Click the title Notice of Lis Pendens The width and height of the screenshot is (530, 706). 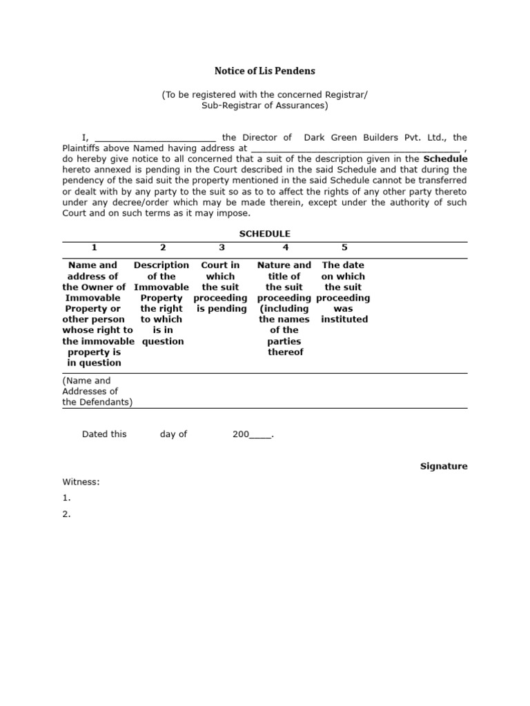click(x=264, y=70)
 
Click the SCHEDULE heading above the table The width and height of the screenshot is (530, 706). click(x=264, y=234)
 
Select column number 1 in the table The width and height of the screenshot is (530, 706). click(x=94, y=248)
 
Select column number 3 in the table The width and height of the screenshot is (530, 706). click(x=221, y=248)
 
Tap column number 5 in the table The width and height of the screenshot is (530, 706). click(x=344, y=248)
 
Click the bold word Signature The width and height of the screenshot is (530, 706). click(x=444, y=466)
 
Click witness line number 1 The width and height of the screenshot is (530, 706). click(x=67, y=498)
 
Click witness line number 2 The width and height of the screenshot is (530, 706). click(x=67, y=514)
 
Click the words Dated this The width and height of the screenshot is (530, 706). click(x=104, y=434)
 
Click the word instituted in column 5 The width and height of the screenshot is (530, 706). click(x=344, y=319)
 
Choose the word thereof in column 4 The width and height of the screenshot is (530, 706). click(x=285, y=352)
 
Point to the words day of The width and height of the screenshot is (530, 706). click(x=173, y=434)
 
